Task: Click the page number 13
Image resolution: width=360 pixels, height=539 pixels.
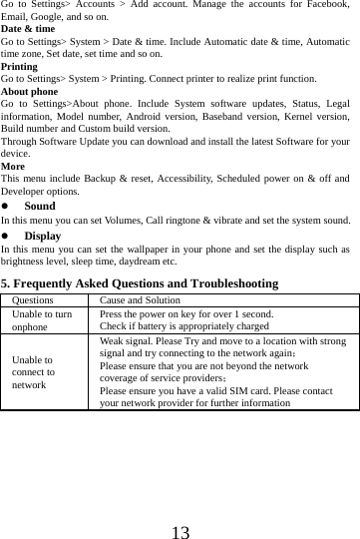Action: coord(180,505)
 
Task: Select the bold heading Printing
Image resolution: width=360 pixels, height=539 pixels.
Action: coord(20,66)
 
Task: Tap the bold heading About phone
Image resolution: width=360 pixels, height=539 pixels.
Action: coord(30,91)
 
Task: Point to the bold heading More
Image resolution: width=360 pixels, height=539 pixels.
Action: coord(13,167)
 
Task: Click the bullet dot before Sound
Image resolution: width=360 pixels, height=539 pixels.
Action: coord(6,206)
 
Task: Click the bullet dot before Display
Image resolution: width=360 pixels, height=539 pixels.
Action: coord(6,237)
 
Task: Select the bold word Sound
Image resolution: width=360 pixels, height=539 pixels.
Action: coord(40,206)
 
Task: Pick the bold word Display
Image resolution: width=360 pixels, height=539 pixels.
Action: coord(43,237)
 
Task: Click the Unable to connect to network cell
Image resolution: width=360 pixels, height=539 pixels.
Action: coord(34,371)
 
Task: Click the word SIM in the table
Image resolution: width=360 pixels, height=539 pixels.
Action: coord(243,392)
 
